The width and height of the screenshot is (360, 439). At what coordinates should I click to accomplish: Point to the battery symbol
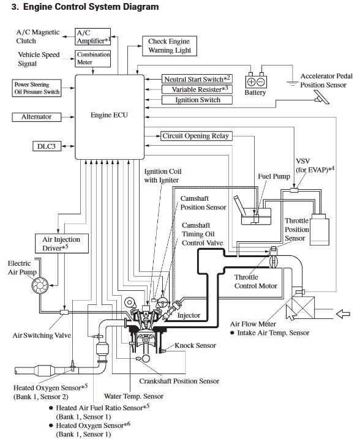256,81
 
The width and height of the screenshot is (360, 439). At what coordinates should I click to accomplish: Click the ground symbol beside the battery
293,83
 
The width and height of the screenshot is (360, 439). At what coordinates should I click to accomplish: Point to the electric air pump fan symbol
40,285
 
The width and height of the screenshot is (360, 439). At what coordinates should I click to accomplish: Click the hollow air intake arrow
343,314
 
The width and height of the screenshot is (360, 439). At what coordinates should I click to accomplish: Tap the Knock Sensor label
195,345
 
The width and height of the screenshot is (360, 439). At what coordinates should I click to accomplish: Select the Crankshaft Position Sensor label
179,381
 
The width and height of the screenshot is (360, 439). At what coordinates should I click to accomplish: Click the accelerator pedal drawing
323,97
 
